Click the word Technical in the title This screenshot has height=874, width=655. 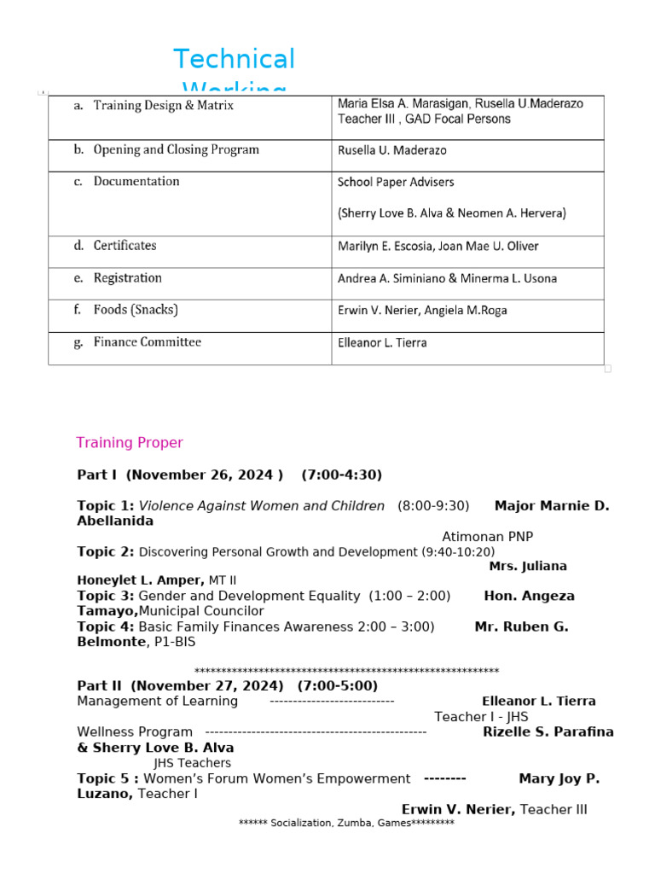pyautogui.click(x=234, y=60)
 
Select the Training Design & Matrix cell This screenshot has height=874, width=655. pyautogui.click(x=163, y=106)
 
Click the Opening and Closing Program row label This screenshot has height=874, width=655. pyautogui.click(x=176, y=149)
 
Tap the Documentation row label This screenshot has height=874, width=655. pyautogui.click(x=136, y=181)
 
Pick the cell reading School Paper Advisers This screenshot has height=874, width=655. pyautogui.click(x=396, y=182)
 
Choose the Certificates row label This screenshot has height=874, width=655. pyautogui.click(x=125, y=246)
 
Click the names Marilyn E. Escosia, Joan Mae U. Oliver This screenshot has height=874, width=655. pyautogui.click(x=438, y=247)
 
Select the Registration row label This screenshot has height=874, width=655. pyautogui.click(x=127, y=278)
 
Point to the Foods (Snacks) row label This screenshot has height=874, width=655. pyautogui.click(x=136, y=310)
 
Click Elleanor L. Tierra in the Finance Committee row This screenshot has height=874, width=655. pyautogui.click(x=382, y=343)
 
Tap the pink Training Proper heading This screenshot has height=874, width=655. pyautogui.click(x=130, y=442)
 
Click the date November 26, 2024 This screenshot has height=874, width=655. pyautogui.click(x=205, y=475)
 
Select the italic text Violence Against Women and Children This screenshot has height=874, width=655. pyautogui.click(x=262, y=506)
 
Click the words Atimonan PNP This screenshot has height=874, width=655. pyautogui.click(x=487, y=537)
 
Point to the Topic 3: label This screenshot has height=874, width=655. pyautogui.click(x=106, y=596)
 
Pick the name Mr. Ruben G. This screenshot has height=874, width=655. pyautogui.click(x=521, y=626)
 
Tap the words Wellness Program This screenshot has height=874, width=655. pyautogui.click(x=135, y=731)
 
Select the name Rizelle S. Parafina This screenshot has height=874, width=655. pyautogui.click(x=548, y=731)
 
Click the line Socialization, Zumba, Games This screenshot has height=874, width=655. pyautogui.click(x=346, y=823)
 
